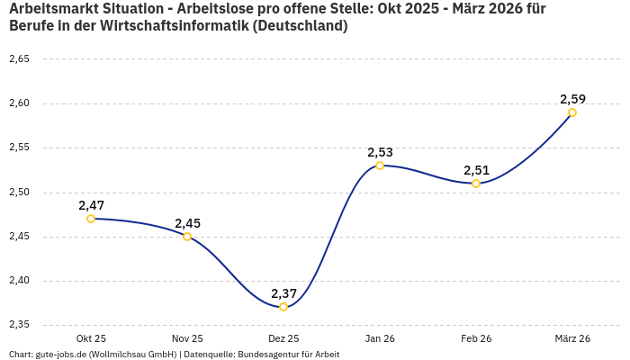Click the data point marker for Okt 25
pos(91,219)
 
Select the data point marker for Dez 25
pos(283,307)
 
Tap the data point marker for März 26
pos(572,112)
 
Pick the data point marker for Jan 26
pos(380,166)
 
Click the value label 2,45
pos(187,223)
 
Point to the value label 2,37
pos(283,293)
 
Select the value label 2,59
pos(572,99)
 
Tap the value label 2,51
pos(476,170)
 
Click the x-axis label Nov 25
pos(187,338)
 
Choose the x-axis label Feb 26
pos(476,338)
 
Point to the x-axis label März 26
pos(572,338)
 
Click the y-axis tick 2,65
pos(19,59)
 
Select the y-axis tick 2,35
pos(19,324)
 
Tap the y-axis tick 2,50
pos(19,192)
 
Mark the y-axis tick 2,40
pos(19,280)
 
